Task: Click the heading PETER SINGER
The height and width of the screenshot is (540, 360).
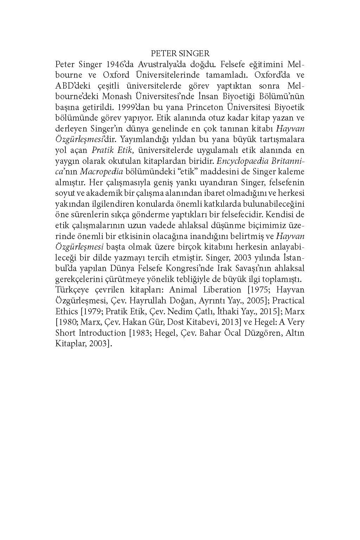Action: point(180,53)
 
